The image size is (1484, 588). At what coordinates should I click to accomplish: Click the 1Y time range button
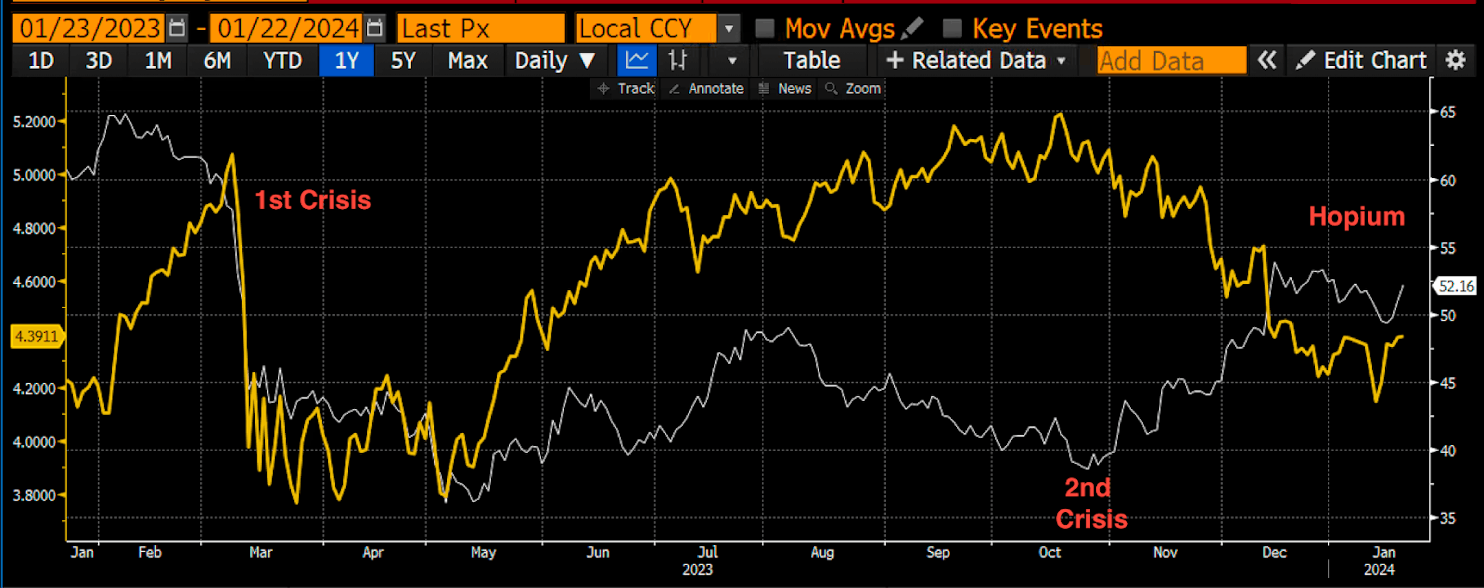pos(346,61)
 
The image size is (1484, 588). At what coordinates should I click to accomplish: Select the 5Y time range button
pos(403,61)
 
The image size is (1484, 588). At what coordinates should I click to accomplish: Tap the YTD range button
pos(282,61)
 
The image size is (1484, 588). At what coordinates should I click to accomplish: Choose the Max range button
pos(467,61)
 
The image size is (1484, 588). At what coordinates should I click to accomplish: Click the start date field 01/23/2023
pos(90,28)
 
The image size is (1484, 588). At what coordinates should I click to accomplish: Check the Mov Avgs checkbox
pos(764,28)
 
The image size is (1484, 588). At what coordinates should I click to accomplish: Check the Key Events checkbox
pos(952,28)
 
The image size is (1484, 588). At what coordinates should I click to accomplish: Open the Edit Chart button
pos(1361,61)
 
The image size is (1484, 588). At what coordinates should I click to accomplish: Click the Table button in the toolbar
pos(812,61)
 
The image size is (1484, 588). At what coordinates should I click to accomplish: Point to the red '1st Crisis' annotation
pos(313,200)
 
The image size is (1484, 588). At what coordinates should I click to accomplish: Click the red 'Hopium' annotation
pos(1357,217)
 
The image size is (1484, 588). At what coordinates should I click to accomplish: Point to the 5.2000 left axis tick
pos(34,122)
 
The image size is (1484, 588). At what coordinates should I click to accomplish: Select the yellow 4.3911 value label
pos(36,336)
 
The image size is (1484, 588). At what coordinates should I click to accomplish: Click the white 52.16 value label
pos(1456,286)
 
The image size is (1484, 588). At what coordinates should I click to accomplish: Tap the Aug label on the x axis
pos(822,552)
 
